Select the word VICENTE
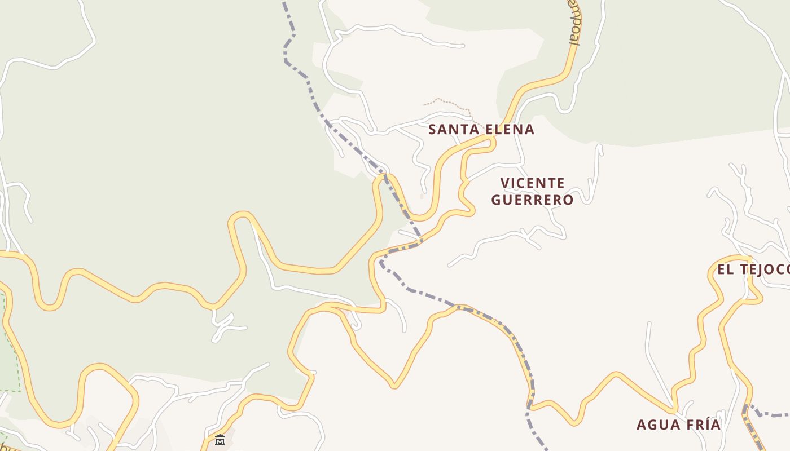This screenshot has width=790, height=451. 533,183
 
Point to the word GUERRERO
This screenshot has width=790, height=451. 532,200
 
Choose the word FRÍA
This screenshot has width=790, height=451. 703,425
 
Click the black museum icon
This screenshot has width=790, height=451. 220,440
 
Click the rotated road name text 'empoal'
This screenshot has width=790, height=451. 574,25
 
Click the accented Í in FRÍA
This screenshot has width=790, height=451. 703,425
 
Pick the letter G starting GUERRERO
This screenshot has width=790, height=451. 497,200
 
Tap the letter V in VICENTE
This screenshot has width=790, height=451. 506,183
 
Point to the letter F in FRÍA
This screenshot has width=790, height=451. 688,425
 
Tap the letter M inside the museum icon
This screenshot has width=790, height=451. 220,441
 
